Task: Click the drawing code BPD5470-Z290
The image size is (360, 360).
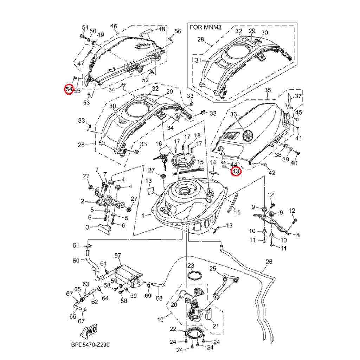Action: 90,345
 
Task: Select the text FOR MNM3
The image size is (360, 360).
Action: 206,27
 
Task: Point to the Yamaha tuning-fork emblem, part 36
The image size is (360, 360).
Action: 248,135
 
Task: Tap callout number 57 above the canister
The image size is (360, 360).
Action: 117,255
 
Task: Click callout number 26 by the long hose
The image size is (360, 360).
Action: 269,262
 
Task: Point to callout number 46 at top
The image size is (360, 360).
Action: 114,26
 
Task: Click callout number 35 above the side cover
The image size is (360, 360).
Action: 268,90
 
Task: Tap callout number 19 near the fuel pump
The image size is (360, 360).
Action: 160,320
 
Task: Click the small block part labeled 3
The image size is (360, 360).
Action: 104,229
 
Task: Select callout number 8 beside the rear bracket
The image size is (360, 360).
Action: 298,235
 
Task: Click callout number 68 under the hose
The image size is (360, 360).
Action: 159,298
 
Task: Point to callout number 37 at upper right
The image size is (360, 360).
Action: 298,96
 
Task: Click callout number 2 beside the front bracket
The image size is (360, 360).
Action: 82,201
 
